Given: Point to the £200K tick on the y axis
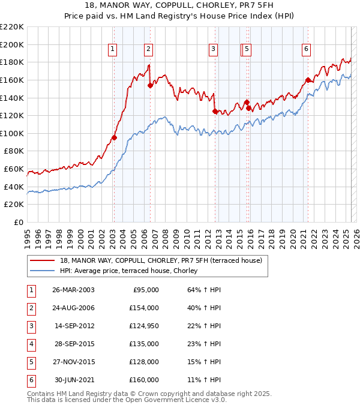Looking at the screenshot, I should coord(12,44).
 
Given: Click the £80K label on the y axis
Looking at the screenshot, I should coord(14,151).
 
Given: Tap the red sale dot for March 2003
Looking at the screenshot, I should coord(114,137).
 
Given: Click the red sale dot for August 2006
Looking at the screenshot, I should coord(150,85).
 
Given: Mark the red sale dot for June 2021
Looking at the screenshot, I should coord(308,80).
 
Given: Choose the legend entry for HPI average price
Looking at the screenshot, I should coord(133,271).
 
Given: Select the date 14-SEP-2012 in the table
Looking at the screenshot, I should coord(74,326).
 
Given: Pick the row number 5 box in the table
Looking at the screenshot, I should coord(30,362).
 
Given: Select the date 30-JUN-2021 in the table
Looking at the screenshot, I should coord(74,380).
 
